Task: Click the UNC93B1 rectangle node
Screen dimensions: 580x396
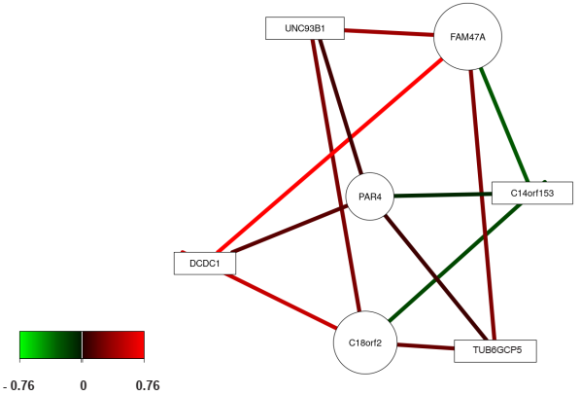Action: [x=305, y=28]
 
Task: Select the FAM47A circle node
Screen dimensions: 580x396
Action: [x=467, y=36]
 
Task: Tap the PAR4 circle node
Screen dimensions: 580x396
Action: [x=370, y=197]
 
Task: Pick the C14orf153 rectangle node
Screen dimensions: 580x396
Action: [x=532, y=193]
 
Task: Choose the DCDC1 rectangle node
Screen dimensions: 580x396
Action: [x=205, y=264]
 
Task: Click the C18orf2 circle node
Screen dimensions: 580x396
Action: [x=365, y=342]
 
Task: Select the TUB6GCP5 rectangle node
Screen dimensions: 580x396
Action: [x=495, y=350]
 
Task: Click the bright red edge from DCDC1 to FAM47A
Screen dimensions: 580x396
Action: [x=329, y=156]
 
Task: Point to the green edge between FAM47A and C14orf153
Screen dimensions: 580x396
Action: [x=504, y=125]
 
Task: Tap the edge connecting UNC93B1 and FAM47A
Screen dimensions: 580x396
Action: [x=390, y=33]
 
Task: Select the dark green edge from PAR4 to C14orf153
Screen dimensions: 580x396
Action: [x=443, y=195]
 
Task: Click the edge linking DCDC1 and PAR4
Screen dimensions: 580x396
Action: [x=289, y=229]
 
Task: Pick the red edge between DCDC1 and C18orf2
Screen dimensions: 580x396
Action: [x=281, y=302]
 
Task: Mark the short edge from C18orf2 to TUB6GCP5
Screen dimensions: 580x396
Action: [x=426, y=346]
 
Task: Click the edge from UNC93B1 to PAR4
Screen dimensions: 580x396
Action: [x=341, y=106]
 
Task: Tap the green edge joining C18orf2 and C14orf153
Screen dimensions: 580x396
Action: [x=455, y=263]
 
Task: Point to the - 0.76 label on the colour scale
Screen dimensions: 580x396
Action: [x=18, y=385]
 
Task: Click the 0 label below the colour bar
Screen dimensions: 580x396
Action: [x=84, y=385]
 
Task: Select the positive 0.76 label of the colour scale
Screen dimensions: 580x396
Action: [x=148, y=385]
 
